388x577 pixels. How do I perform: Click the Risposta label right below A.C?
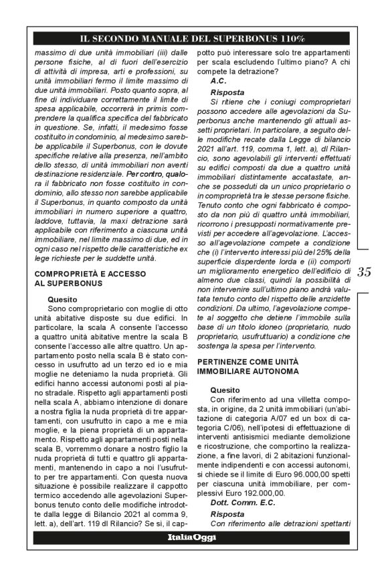[227, 91]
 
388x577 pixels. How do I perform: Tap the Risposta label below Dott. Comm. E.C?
[227, 513]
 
